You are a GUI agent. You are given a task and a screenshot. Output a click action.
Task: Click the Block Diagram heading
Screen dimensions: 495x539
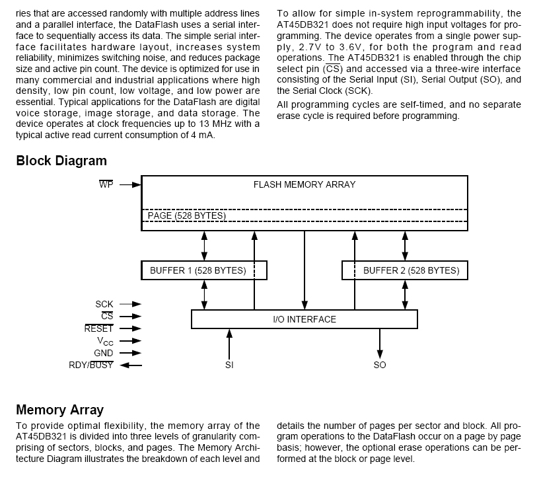coord(61,161)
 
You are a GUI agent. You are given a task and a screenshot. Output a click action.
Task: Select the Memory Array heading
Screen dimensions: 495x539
coord(59,410)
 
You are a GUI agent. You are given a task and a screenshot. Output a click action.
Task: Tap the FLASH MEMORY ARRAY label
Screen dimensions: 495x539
coord(305,185)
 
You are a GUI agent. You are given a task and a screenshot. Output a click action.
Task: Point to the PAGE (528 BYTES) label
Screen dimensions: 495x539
coord(186,215)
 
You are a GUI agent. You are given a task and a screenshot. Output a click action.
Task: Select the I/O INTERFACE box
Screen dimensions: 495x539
coord(305,319)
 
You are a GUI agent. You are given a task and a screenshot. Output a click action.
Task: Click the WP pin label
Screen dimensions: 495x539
coord(106,184)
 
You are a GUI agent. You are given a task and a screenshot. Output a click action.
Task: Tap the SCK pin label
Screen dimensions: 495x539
coord(104,304)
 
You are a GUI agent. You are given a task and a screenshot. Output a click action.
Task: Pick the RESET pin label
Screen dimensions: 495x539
coord(99,328)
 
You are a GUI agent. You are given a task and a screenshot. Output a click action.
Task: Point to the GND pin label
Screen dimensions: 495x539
coord(104,353)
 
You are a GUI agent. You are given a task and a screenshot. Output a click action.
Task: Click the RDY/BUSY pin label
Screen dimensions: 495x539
coord(91,365)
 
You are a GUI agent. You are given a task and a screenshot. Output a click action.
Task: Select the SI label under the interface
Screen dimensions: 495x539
coord(229,365)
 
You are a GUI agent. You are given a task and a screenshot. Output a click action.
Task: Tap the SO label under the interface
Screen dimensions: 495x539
coord(380,365)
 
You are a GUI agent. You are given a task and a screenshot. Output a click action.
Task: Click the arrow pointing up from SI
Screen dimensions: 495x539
coord(229,344)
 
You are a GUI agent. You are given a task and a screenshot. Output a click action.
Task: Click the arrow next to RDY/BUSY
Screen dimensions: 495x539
coord(131,365)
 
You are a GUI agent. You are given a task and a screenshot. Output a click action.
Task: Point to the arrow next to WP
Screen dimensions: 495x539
coord(131,184)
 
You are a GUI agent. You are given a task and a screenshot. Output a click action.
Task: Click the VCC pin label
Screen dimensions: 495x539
coord(105,341)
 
